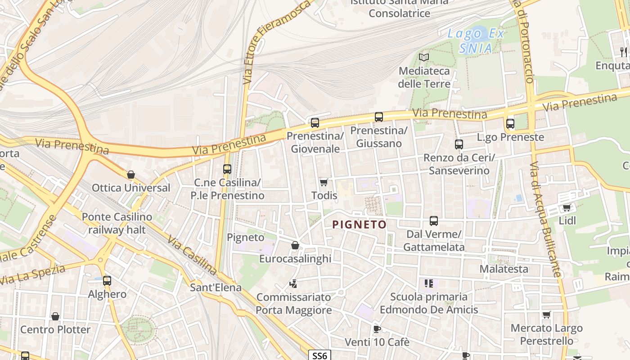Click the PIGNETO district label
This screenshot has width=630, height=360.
[359, 225]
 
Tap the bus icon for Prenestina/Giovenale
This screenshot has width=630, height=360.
[315, 122]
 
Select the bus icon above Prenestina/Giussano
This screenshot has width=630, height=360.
[379, 117]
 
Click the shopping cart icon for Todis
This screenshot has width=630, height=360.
[324, 182]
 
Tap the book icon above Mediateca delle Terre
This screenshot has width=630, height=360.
[423, 57]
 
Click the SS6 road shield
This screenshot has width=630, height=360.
[319, 355]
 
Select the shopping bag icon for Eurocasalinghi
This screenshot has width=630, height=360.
[295, 245]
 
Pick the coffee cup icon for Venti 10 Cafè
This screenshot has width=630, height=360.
[377, 329]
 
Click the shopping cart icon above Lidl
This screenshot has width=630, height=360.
[567, 207]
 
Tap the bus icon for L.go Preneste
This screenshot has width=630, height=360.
[510, 123]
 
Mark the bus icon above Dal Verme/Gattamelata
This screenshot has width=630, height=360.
[434, 220]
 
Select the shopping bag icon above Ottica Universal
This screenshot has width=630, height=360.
[131, 175]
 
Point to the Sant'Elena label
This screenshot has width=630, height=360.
[216, 287]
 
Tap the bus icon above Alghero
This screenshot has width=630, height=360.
[107, 281]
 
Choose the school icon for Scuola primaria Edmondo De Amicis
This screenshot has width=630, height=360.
[429, 283]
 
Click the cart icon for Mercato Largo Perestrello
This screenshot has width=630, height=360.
[547, 315]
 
